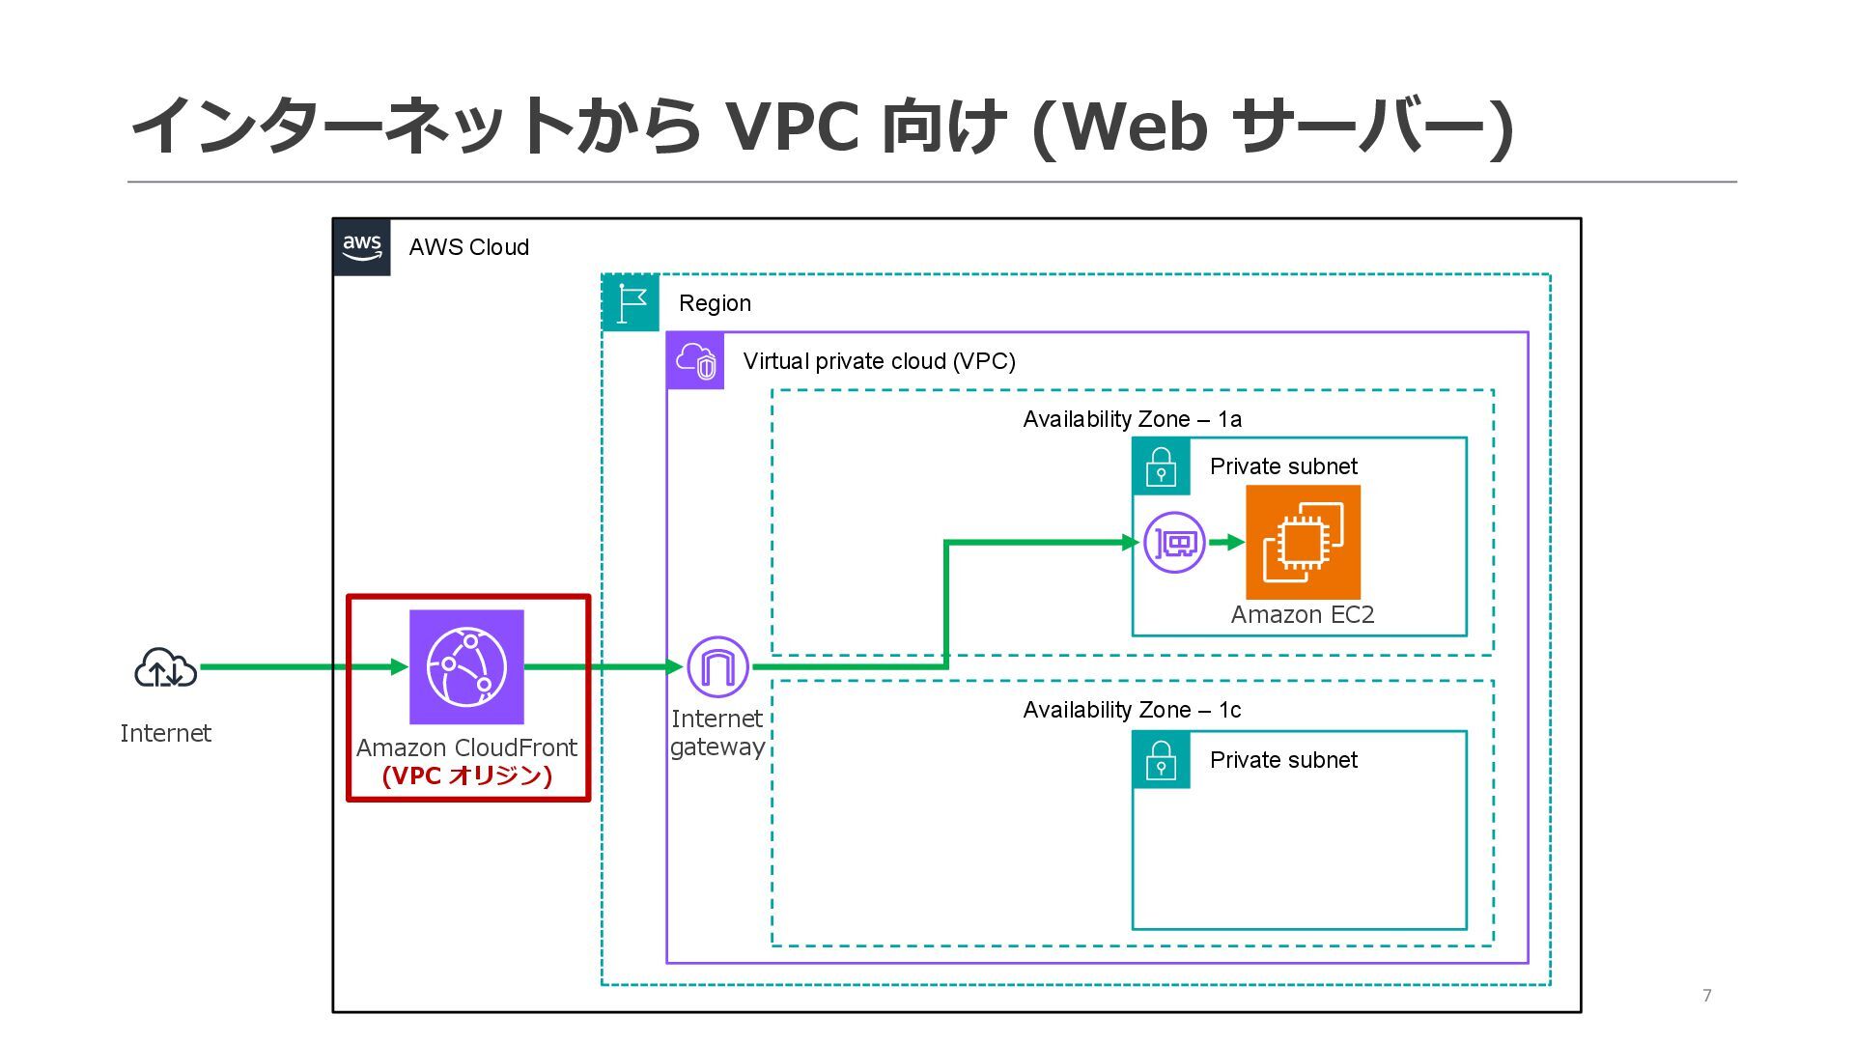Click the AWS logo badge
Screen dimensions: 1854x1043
point(362,247)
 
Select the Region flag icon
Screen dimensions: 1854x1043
point(631,303)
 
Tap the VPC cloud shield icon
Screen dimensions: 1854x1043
point(696,361)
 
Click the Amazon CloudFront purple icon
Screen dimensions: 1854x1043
point(466,667)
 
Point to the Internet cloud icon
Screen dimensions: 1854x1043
point(166,668)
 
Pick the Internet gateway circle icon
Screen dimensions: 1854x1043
point(717,666)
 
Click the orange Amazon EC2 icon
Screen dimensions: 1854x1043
point(1303,543)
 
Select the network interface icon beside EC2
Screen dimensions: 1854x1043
point(1174,543)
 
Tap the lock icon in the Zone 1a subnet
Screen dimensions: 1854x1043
point(1161,466)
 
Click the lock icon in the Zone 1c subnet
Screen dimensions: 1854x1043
point(1161,760)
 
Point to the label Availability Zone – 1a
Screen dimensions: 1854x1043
point(1132,419)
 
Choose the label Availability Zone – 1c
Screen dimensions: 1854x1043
point(1132,710)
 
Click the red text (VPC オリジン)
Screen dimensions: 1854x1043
point(467,775)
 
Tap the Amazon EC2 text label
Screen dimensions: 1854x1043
point(1303,615)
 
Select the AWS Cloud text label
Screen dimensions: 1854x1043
point(469,247)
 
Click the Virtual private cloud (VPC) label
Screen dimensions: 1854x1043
point(880,361)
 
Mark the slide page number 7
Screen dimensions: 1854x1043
point(1707,996)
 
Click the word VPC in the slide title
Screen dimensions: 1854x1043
point(792,127)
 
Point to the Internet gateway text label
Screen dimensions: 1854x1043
point(717,733)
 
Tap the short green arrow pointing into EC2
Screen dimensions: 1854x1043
point(1226,543)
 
